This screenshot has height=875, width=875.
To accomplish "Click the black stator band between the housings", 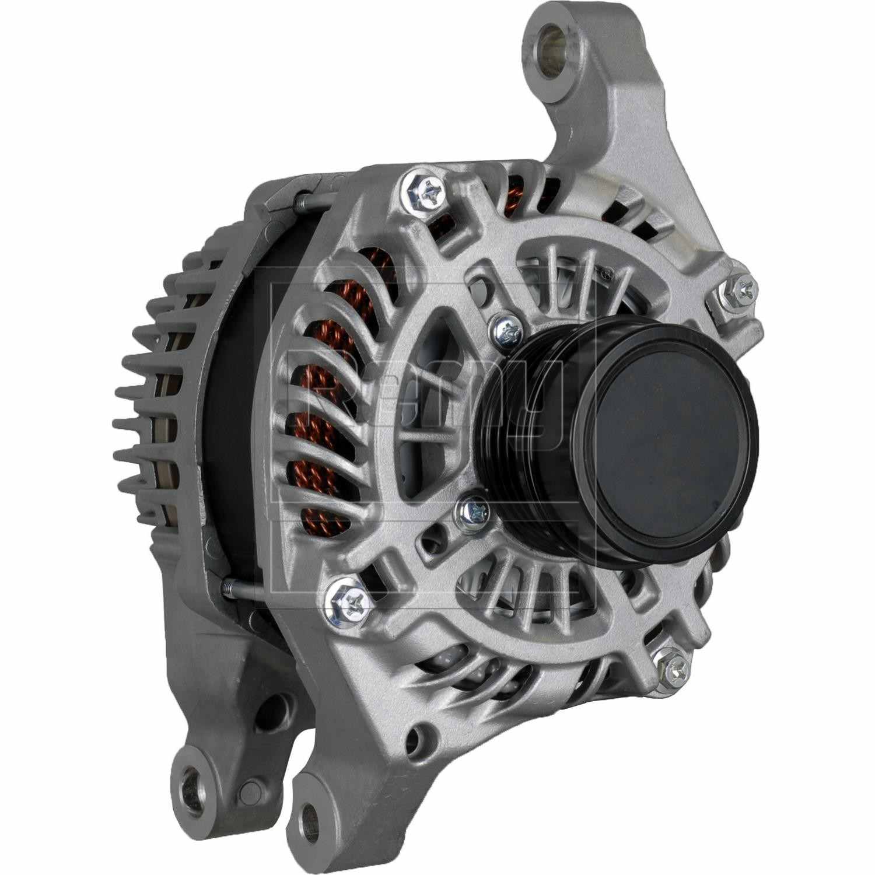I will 233,420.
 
